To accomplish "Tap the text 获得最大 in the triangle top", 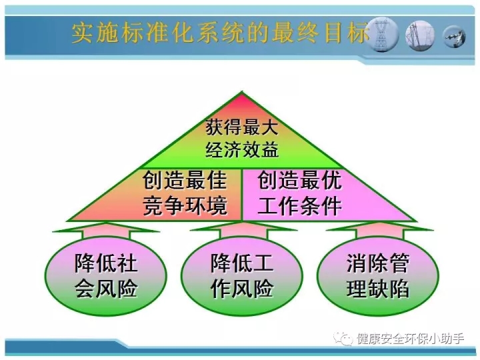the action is click(x=242, y=127).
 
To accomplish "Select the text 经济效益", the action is click(x=242, y=150).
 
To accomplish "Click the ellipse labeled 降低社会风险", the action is click(x=106, y=276).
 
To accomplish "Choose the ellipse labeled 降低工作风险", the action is click(x=242, y=276).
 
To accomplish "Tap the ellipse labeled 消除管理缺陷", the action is click(x=378, y=276).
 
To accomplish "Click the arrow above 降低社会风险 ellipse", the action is click(x=106, y=230).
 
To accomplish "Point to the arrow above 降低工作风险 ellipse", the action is click(x=243, y=230).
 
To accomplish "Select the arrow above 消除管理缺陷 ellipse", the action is click(x=379, y=230).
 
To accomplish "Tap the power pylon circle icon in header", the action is click(x=382, y=34).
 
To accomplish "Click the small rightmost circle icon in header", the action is click(x=454, y=37).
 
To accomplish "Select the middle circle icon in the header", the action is click(x=420, y=35).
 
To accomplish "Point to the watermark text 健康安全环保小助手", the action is click(x=410, y=339).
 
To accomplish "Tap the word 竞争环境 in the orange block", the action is click(x=185, y=205).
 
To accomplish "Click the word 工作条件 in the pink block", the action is click(x=299, y=205).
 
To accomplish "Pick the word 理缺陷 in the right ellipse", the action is click(x=378, y=289).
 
